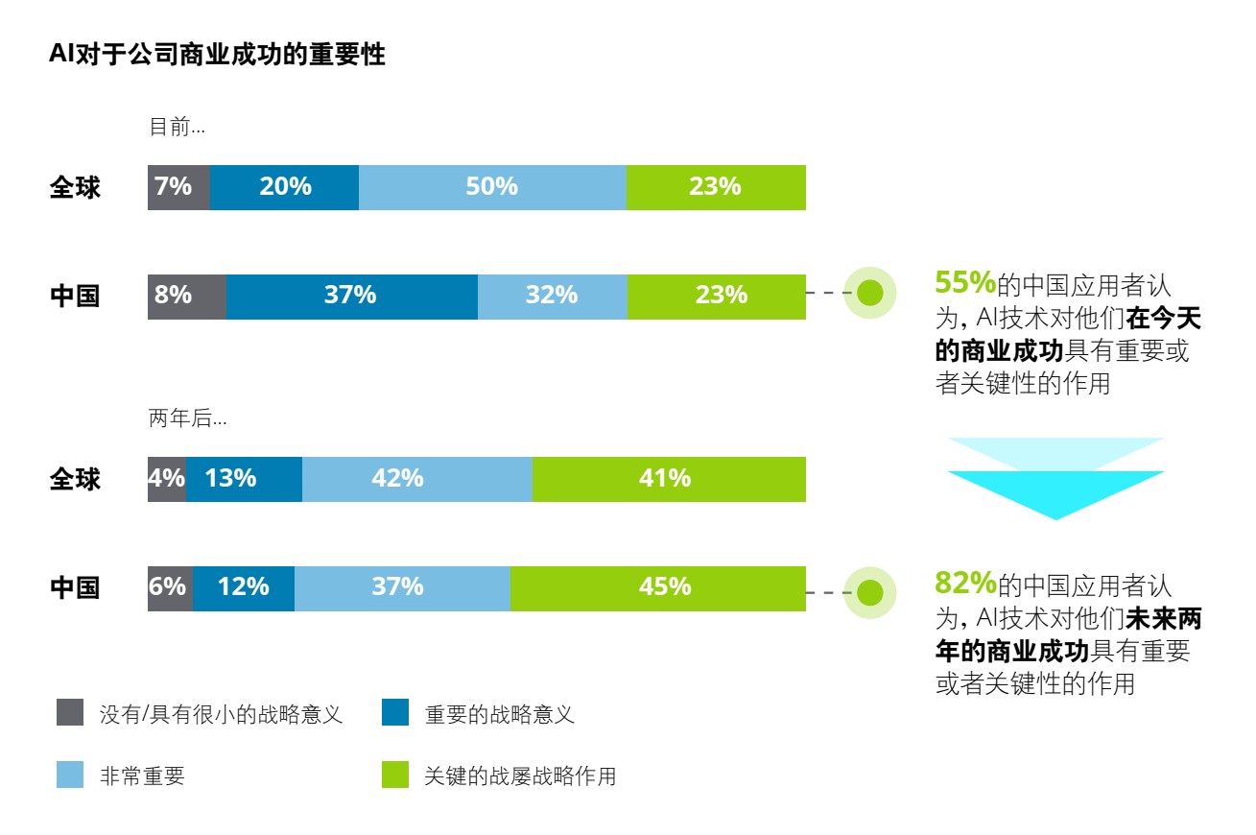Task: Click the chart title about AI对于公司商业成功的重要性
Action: pyautogui.click(x=217, y=55)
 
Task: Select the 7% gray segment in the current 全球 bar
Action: pyautogui.click(x=178, y=187)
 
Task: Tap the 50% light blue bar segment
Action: pyautogui.click(x=492, y=187)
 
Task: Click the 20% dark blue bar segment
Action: pyautogui.click(x=284, y=187)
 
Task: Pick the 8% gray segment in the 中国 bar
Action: pyautogui.click(x=187, y=297)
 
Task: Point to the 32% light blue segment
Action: pyautogui.click(x=553, y=297)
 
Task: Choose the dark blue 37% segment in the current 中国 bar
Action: pyautogui.click(x=352, y=297)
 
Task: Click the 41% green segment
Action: pyautogui.click(x=669, y=479)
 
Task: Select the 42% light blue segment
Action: pyautogui.click(x=417, y=479)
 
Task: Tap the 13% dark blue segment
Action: pyautogui.click(x=244, y=479)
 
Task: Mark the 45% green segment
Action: pyautogui.click(x=658, y=588)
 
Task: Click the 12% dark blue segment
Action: pyautogui.click(x=244, y=588)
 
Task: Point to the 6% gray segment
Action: pyautogui.click(x=171, y=588)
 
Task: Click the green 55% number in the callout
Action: pyautogui.click(x=965, y=282)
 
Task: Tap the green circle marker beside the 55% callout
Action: pyautogui.click(x=869, y=293)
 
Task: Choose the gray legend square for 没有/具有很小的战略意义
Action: pyautogui.click(x=70, y=712)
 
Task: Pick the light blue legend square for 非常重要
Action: pyautogui.click(x=70, y=775)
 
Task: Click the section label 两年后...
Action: pyautogui.click(x=187, y=417)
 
